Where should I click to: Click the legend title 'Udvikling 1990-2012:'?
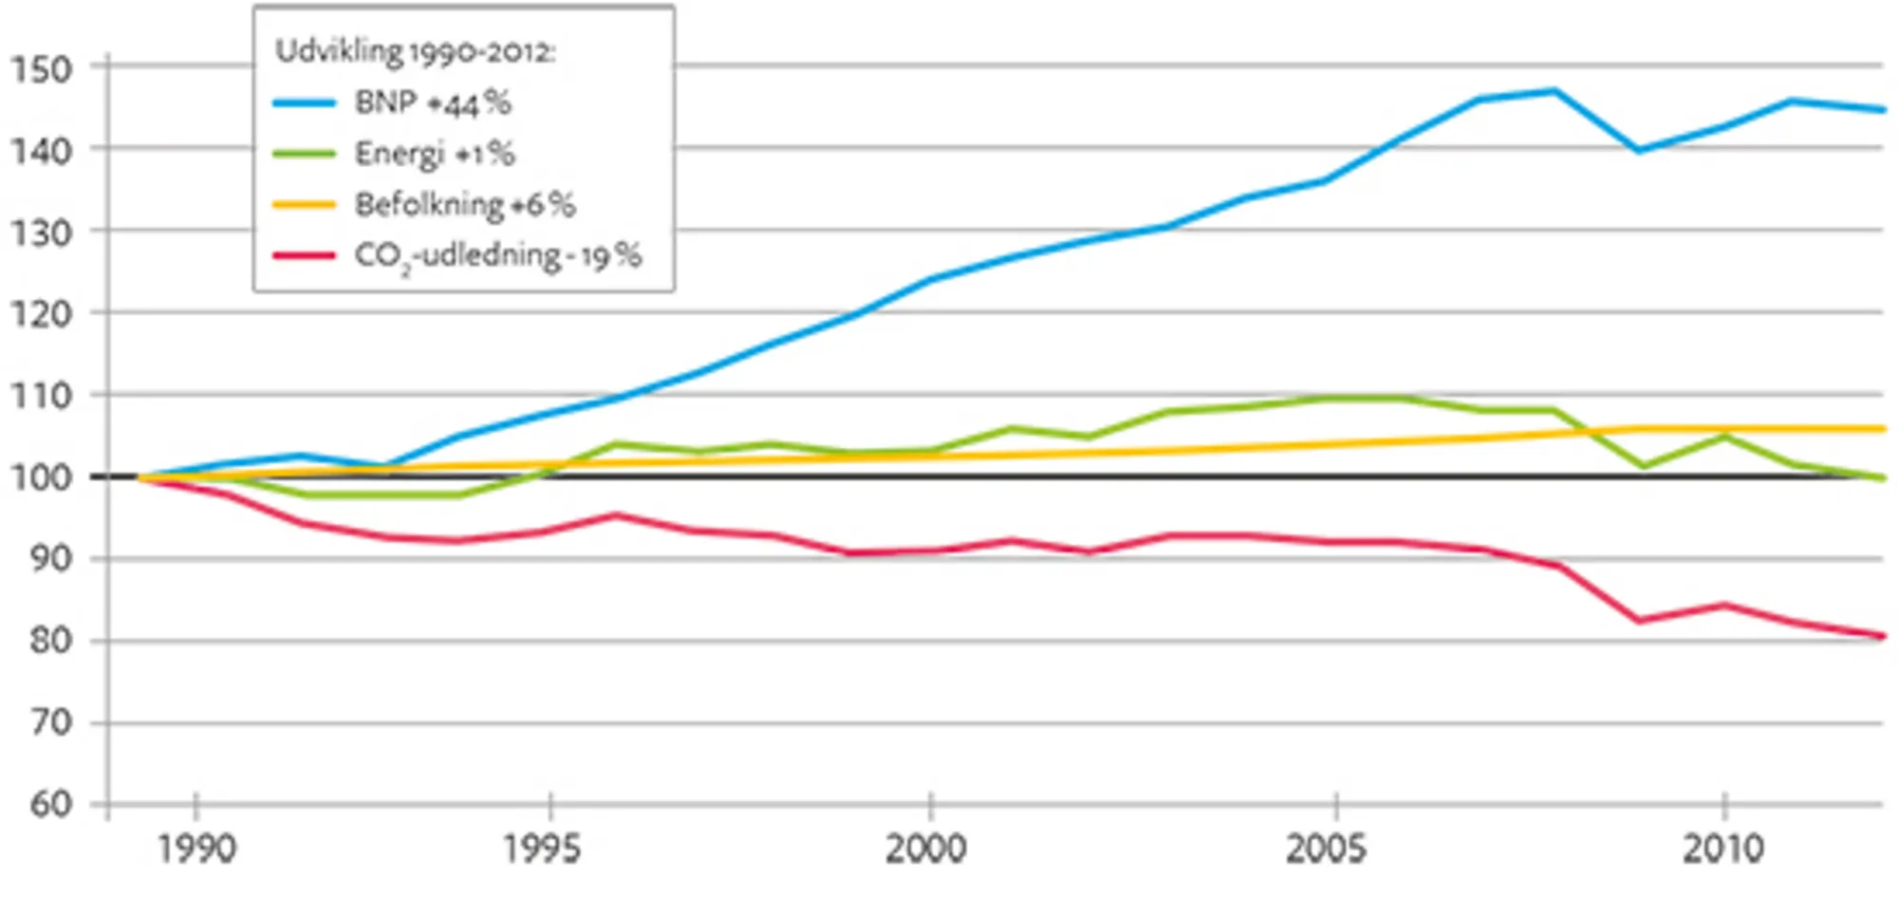pos(415,50)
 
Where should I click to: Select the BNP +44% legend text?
pos(433,103)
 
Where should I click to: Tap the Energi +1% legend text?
pos(435,153)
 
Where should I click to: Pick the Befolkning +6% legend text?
pos(465,204)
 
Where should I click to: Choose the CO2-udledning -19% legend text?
pos(498,255)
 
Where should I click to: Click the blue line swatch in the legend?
pos(304,103)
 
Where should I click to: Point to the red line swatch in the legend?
pos(304,255)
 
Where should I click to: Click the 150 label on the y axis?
pos(41,69)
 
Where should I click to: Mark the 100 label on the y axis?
pos(41,477)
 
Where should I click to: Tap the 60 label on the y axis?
pos(49,805)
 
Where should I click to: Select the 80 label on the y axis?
pos(49,641)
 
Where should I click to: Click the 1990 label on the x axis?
pos(196,849)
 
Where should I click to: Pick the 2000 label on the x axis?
pos(926,849)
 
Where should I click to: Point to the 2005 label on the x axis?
pos(1326,849)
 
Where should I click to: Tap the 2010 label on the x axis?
pos(1723,849)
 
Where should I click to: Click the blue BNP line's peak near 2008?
pos(1554,91)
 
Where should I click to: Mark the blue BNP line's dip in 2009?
pos(1639,150)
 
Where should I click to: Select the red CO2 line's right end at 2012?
pos(1881,636)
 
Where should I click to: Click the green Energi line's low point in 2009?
pos(1642,466)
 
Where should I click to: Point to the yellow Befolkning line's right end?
pos(1881,429)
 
